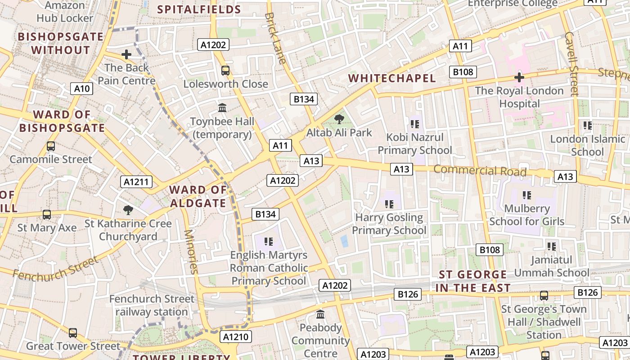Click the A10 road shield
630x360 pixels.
click(82, 89)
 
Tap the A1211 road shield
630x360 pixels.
click(136, 182)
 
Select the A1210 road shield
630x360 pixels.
click(236, 337)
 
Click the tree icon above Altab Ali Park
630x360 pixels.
click(339, 119)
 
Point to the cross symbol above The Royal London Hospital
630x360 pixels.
click(519, 77)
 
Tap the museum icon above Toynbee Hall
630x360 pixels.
click(222, 108)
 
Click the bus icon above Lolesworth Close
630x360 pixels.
click(225, 71)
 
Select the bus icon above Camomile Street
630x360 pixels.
click(51, 146)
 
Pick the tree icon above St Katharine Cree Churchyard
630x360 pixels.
click(128, 210)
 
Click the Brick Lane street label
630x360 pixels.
click(276, 38)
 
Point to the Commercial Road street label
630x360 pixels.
click(480, 171)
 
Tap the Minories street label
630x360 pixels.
click(191, 252)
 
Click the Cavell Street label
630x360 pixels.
click(571, 63)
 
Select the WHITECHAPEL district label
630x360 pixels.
click(392, 78)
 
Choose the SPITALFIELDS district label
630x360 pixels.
click(199, 9)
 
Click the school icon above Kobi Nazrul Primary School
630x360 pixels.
click(414, 124)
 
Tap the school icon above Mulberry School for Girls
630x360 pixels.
click(526, 195)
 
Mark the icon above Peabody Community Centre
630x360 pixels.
click(320, 314)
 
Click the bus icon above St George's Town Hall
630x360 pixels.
click(544, 296)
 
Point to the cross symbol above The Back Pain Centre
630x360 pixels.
click(126, 54)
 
